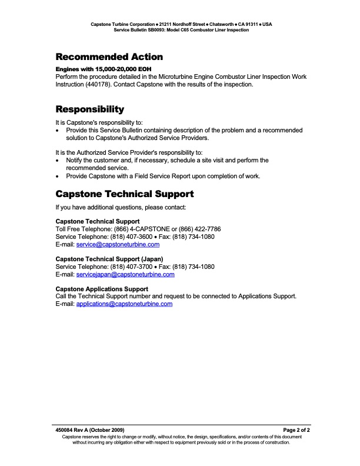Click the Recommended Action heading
click(109, 57)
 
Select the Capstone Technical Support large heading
click(124, 194)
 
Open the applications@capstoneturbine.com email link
click(124, 304)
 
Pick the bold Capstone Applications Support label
click(101, 289)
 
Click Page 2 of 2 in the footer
click(296, 430)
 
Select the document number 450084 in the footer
click(66, 430)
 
